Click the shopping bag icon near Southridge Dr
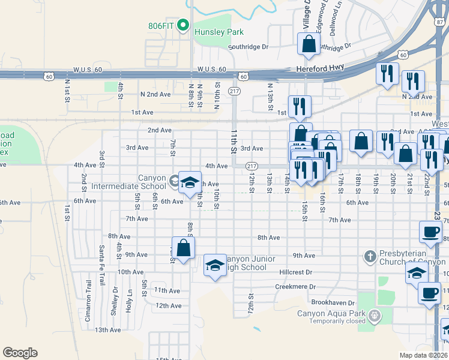(309, 44)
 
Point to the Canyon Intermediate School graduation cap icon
(190, 183)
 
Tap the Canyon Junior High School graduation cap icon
(214, 265)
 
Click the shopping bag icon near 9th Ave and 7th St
(183, 248)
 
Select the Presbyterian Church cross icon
(370, 257)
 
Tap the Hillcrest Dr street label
(297, 272)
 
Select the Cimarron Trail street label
(88, 301)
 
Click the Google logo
(20, 352)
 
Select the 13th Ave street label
(108, 329)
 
